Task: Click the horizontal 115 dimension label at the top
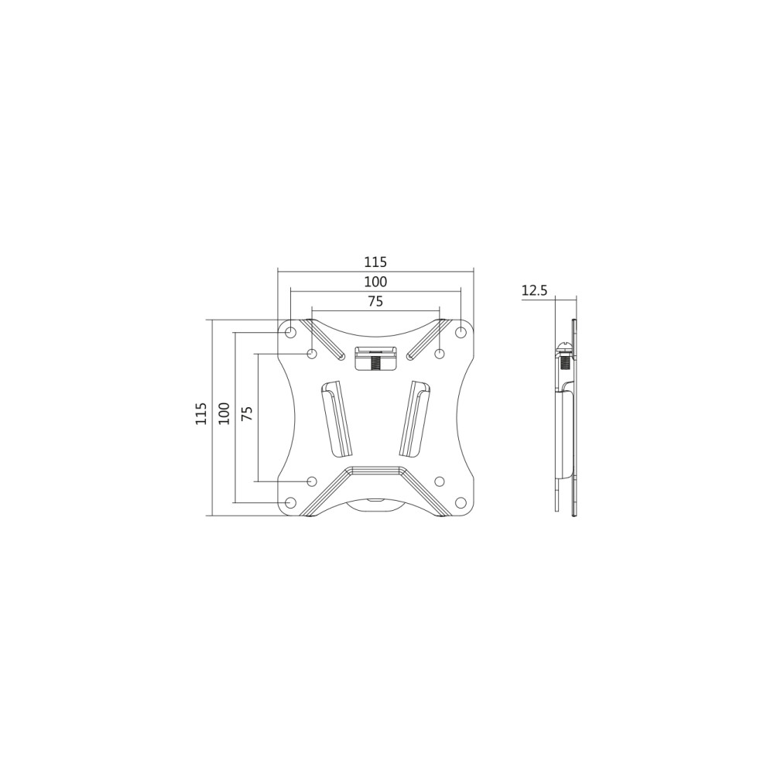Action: click(x=375, y=261)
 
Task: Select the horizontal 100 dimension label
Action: click(x=375, y=282)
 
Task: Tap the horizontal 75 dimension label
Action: click(x=375, y=302)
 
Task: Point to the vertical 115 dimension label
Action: click(x=200, y=413)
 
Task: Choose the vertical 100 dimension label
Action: click(x=224, y=413)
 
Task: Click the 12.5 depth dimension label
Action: click(x=535, y=290)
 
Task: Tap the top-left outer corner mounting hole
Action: click(x=291, y=332)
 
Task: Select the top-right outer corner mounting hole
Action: click(x=461, y=332)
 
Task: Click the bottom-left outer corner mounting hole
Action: click(x=291, y=502)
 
